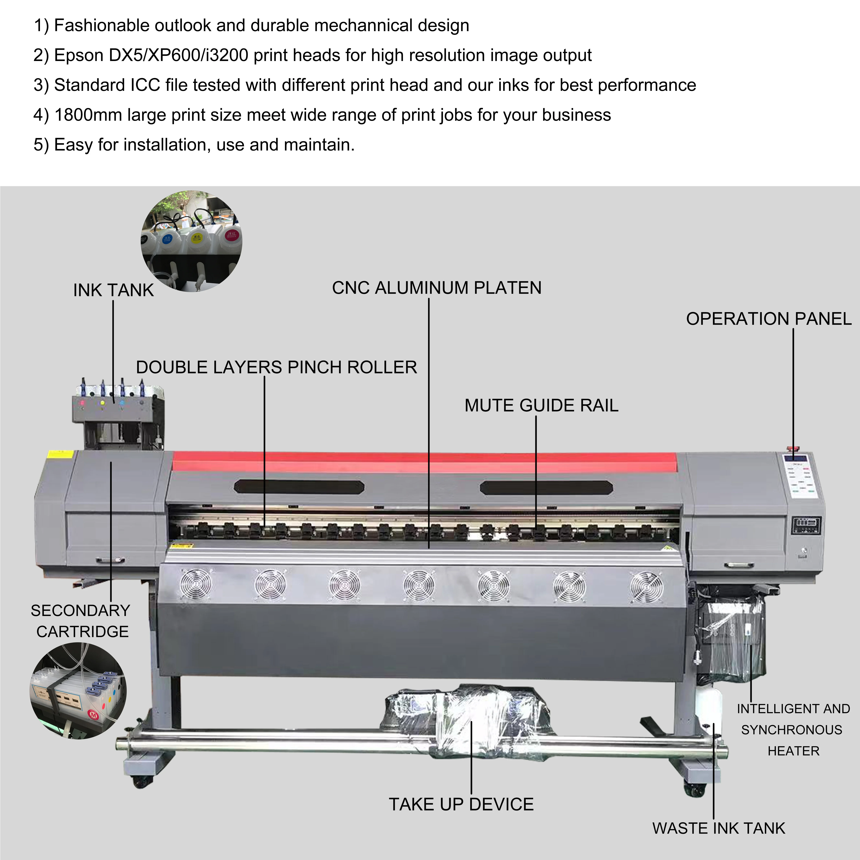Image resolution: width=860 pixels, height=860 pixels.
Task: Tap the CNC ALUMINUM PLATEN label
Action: [x=437, y=288]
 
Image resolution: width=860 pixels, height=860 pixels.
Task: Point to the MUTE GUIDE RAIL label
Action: [x=541, y=405]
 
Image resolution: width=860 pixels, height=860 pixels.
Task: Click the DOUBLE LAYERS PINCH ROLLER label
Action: [x=276, y=367]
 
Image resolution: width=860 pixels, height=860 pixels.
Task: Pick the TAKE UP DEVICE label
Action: [x=461, y=804]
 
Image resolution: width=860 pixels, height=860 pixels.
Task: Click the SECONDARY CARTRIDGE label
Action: [x=81, y=621]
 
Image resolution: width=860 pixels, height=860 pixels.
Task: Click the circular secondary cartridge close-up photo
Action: [x=78, y=690]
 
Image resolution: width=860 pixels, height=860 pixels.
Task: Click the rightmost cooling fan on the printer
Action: [x=646, y=588]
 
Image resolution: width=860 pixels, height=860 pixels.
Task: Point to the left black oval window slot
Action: [x=299, y=487]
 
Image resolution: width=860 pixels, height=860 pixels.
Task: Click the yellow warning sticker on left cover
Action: [x=60, y=455]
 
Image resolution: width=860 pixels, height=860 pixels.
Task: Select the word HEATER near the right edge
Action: [x=793, y=751]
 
